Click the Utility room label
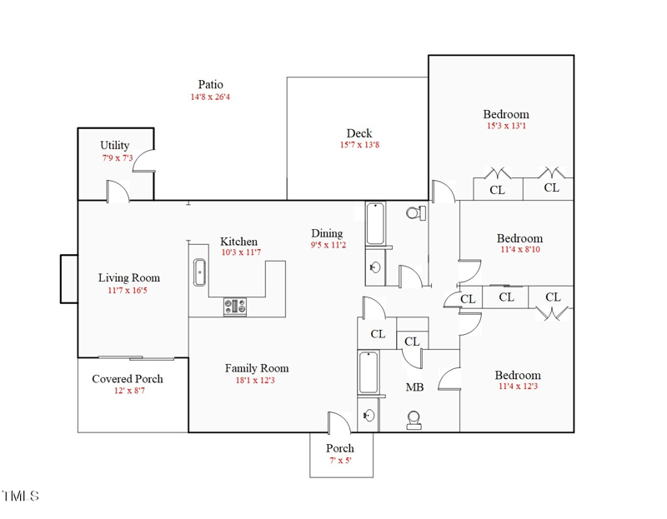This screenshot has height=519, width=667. click(115, 145)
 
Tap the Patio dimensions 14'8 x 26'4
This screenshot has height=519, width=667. click(210, 97)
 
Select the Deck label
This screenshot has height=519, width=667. click(359, 133)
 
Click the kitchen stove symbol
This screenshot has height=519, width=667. click(235, 307)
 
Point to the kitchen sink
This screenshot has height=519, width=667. click(199, 272)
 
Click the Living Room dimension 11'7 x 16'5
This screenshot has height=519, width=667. click(128, 291)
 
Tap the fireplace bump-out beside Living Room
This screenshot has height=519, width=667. click(68, 278)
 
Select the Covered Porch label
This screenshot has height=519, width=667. click(128, 379)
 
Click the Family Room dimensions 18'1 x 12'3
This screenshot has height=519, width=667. click(257, 381)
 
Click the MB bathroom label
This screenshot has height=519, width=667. click(414, 387)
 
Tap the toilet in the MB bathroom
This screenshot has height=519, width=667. click(414, 421)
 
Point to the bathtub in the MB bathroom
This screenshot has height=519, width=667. click(369, 373)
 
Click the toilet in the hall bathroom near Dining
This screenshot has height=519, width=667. click(414, 213)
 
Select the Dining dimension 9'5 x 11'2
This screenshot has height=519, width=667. click(327, 246)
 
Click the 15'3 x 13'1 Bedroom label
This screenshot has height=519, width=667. click(506, 114)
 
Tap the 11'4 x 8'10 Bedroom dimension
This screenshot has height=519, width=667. click(519, 249)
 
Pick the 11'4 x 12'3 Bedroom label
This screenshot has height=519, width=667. click(518, 375)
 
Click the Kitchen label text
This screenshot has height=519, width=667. click(238, 242)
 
